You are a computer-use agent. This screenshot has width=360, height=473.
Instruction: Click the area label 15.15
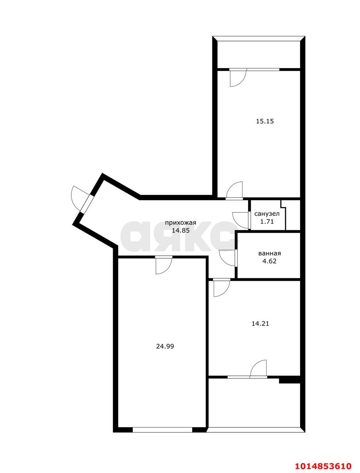tap(265, 121)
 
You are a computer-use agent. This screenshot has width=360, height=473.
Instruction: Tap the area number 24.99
tap(165, 346)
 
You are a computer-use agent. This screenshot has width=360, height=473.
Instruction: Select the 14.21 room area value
tap(260, 324)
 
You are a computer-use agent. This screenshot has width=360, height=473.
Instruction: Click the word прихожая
tap(180, 222)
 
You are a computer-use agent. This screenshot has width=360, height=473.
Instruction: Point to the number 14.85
tap(180, 231)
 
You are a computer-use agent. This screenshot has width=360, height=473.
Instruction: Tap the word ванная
tap(269, 253)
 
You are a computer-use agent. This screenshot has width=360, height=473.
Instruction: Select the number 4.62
tap(269, 261)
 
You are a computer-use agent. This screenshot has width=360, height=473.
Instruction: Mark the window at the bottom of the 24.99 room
tap(162, 429)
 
